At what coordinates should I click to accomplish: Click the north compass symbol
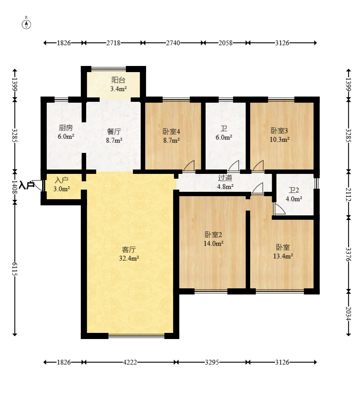click(26, 23)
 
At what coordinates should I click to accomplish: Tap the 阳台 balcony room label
click(118, 80)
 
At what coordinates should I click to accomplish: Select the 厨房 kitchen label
click(66, 128)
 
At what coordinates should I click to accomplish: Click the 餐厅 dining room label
click(114, 132)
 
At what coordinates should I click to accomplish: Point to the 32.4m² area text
click(129, 258)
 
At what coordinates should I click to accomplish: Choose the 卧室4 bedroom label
click(171, 132)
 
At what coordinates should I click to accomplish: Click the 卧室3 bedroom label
click(280, 131)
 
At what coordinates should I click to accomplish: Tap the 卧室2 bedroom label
click(213, 235)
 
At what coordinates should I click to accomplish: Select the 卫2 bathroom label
click(294, 190)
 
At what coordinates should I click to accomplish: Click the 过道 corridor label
click(225, 178)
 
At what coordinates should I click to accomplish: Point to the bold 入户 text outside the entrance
click(27, 185)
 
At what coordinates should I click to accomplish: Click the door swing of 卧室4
click(189, 165)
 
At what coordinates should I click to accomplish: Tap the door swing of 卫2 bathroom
click(280, 209)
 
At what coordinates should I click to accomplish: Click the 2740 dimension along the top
click(173, 43)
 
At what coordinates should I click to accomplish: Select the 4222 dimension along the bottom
click(130, 362)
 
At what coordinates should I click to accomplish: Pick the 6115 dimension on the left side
click(15, 269)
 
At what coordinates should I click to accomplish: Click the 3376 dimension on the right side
click(348, 254)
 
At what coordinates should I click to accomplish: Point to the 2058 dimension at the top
click(226, 43)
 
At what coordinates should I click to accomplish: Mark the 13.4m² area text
click(283, 256)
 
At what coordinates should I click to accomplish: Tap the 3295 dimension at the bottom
click(212, 362)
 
